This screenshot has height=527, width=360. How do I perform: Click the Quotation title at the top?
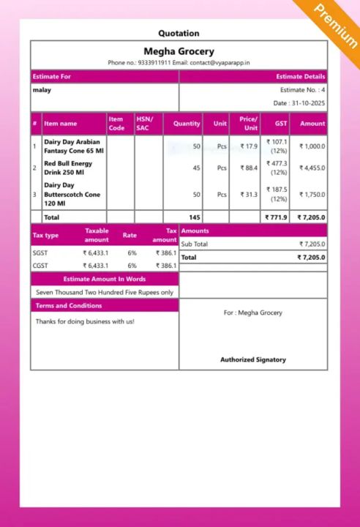179,33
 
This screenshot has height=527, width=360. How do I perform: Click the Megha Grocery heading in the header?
179,51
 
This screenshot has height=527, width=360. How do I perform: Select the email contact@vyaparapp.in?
220,63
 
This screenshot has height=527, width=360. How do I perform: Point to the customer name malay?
42,90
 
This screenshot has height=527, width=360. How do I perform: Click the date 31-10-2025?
299,103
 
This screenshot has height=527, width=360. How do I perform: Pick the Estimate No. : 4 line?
302,90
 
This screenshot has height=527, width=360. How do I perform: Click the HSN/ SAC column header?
143,124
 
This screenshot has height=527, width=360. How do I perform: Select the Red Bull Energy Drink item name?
68,168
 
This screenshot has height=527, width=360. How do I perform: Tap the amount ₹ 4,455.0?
312,168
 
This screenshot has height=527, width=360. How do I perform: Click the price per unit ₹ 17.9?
249,146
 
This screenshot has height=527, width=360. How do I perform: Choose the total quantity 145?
194,217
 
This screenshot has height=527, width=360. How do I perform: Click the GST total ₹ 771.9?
277,217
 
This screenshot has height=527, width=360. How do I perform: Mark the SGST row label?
40,253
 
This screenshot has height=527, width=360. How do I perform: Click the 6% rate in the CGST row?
132,266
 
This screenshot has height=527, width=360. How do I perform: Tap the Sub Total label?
195,244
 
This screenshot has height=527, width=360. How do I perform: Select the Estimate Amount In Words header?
105,279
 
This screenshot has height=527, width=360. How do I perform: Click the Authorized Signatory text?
253,359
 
